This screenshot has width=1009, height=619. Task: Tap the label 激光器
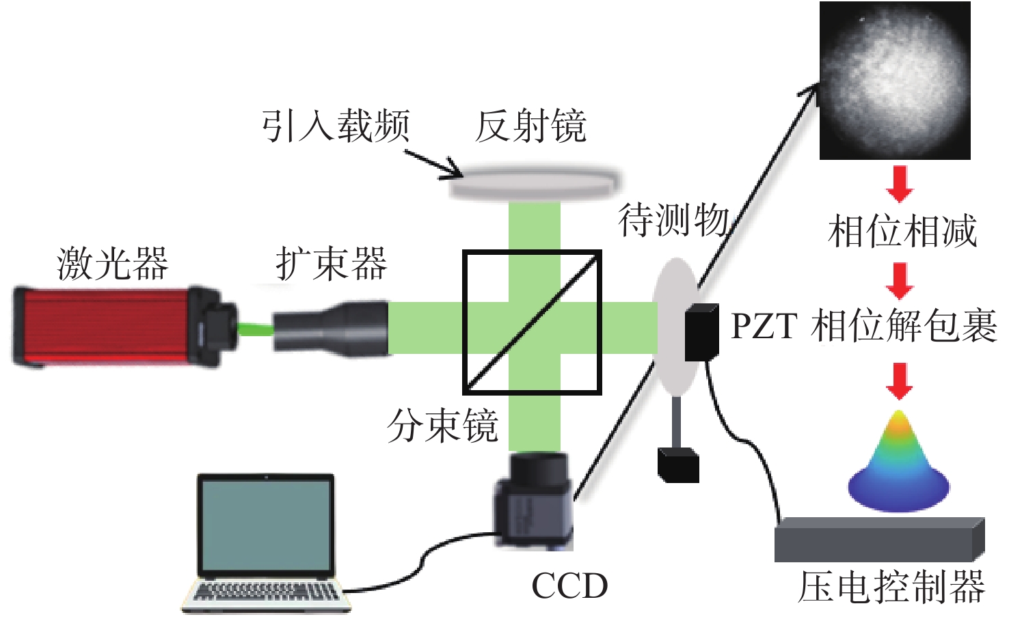[112, 263]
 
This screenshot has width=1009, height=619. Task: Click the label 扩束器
[332, 263]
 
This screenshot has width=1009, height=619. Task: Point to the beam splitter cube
[532, 322]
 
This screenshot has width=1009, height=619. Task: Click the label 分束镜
[442, 426]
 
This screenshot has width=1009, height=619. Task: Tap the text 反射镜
[530, 126]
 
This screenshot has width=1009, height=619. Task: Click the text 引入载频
[336, 126]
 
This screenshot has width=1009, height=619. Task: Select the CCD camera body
[534, 501]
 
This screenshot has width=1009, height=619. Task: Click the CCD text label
[570, 586]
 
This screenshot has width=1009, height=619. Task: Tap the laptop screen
[266, 525]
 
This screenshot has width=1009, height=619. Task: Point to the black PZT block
[701, 332]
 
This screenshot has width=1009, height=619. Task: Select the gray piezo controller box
[879, 539]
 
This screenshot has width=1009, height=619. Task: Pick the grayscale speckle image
[895, 81]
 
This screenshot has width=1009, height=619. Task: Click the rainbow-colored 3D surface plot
[899, 461]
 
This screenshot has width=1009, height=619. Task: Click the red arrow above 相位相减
[900, 184]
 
